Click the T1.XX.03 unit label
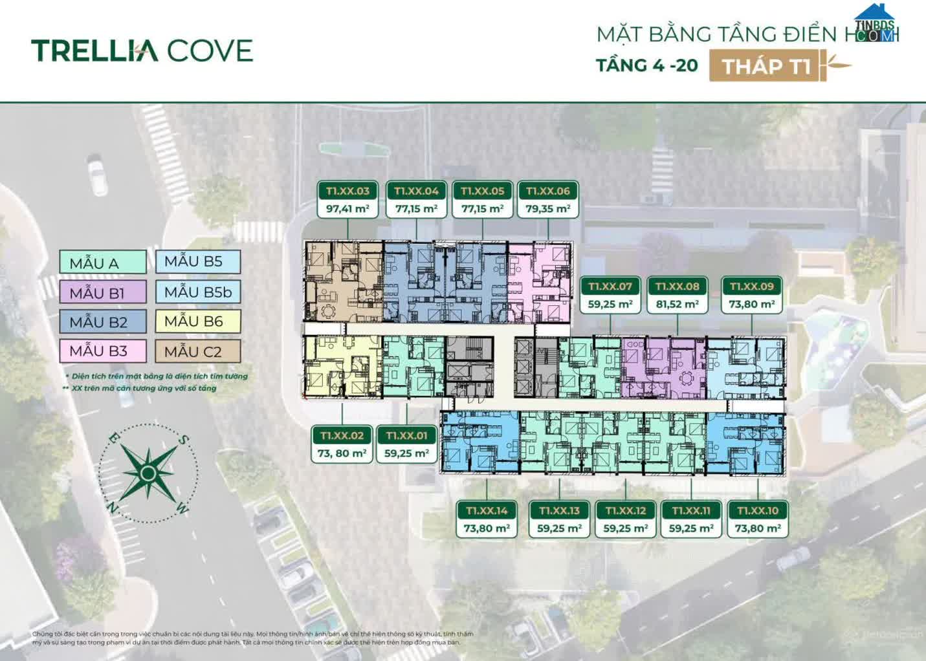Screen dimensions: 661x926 (347, 191)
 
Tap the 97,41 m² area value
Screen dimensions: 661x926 (347, 209)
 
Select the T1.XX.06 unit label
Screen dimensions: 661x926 (547, 191)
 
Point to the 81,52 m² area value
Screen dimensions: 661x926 (677, 304)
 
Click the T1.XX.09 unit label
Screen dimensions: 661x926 (751, 286)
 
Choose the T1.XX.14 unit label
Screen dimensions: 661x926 (487, 510)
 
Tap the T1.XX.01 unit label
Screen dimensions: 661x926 (406, 435)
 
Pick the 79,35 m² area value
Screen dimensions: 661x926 (547, 209)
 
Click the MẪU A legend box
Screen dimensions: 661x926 (103, 263)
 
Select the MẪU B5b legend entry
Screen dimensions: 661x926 (197, 292)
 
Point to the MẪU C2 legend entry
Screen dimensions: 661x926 (197, 351)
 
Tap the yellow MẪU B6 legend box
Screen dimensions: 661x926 (197, 321)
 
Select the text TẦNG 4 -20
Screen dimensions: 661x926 (646, 65)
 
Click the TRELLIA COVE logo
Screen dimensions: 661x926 (142, 50)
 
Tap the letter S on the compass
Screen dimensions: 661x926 (184, 440)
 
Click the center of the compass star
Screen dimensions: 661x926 (148, 474)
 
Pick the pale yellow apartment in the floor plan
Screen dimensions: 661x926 (342, 366)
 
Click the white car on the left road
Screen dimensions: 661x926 (98, 175)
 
